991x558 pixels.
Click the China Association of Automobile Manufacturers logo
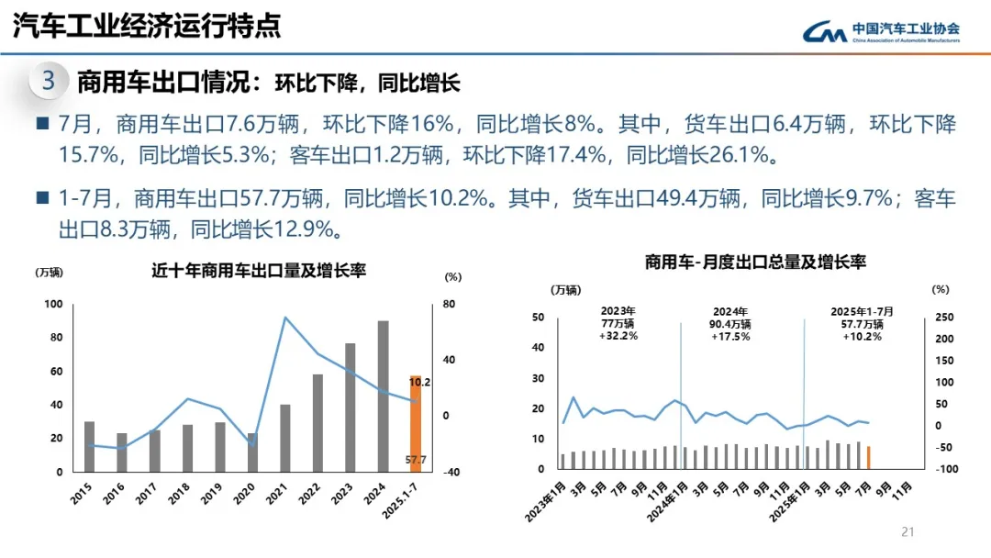click(881, 32)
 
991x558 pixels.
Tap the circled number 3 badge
click(48, 81)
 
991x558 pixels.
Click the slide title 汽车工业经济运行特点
click(147, 26)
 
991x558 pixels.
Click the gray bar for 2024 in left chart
click(383, 396)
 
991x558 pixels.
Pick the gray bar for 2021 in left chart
click(285, 438)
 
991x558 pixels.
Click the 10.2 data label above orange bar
click(419, 382)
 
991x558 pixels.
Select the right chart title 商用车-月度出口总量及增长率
click(754, 262)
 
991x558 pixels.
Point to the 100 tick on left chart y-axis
click(53, 305)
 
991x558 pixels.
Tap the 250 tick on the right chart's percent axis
click(944, 318)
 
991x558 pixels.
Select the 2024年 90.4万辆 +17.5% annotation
click(730, 324)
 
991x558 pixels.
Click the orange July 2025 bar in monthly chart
click(868, 457)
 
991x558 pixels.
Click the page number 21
click(909, 531)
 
